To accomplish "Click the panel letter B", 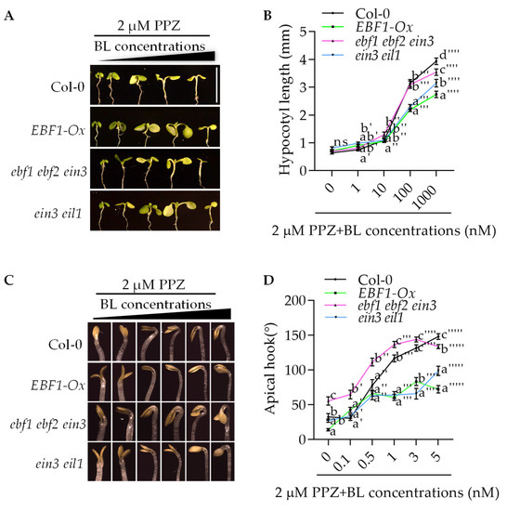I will [268, 10].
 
